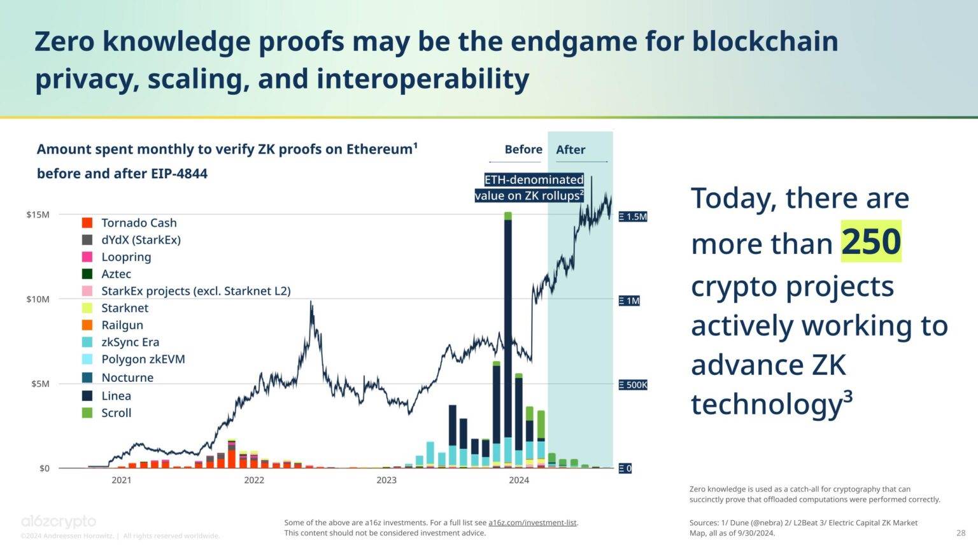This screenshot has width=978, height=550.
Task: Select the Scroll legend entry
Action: click(116, 412)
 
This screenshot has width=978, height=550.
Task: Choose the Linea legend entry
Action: click(116, 395)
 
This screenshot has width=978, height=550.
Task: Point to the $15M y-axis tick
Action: click(38, 215)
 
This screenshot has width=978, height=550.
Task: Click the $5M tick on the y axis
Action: click(39, 384)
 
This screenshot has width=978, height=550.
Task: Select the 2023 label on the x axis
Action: click(386, 480)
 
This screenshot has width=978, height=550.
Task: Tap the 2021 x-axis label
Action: click(122, 480)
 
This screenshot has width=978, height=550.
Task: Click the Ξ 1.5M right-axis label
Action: click(633, 216)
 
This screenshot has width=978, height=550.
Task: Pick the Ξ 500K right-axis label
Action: click(633, 384)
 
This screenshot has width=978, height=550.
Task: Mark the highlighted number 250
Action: click(871, 242)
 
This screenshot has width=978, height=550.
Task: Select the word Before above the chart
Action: click(523, 150)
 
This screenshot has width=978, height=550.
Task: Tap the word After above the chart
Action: click(570, 150)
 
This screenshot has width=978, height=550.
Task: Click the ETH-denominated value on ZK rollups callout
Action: click(529, 188)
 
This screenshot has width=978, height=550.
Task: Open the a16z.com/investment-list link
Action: click(532, 523)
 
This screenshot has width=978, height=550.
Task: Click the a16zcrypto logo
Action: click(59, 522)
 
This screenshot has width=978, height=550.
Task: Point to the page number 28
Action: click(961, 533)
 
